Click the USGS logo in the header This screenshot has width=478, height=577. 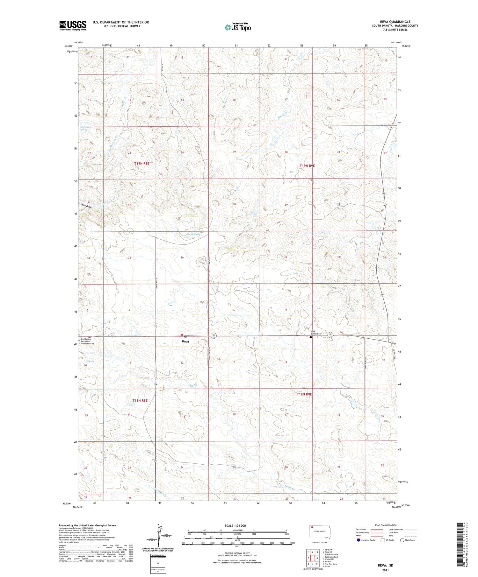point(73,25)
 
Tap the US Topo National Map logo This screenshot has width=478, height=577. point(237,27)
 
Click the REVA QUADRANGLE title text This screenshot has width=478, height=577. point(395,22)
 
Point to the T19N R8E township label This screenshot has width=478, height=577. point(141,163)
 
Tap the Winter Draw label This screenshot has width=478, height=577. point(85,206)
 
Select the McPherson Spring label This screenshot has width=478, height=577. point(83,128)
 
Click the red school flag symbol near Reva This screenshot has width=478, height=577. point(182,334)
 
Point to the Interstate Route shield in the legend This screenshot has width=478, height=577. point(358,540)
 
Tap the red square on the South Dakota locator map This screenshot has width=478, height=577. point(312,527)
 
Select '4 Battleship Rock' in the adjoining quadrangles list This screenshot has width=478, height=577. point(330,557)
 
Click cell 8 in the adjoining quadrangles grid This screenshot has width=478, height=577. point(317,564)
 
